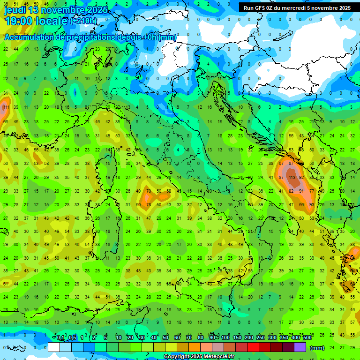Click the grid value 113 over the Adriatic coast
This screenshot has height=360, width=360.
tap(292, 178)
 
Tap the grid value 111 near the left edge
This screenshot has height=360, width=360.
tap(6, 107)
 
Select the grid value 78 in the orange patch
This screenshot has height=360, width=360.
tap(149, 205)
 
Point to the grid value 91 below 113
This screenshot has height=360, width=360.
tap(301, 191)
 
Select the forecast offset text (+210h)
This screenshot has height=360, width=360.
tap(83, 21)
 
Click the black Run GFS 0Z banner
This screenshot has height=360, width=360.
tap(297, 8)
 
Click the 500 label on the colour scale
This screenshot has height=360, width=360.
tap(307, 338)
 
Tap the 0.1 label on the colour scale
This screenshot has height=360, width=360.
tap(61, 338)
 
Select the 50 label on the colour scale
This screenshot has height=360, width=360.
tap(165, 338)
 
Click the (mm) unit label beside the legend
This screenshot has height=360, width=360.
tap(317, 348)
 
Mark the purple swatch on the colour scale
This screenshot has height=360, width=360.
tap(300, 347)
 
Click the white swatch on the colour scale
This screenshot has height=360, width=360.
tap(54, 347)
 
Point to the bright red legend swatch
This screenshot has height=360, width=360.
tap(253, 347)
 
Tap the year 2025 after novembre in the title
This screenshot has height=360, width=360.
tap(97, 10)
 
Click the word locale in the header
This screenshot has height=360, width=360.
tap(53, 21)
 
